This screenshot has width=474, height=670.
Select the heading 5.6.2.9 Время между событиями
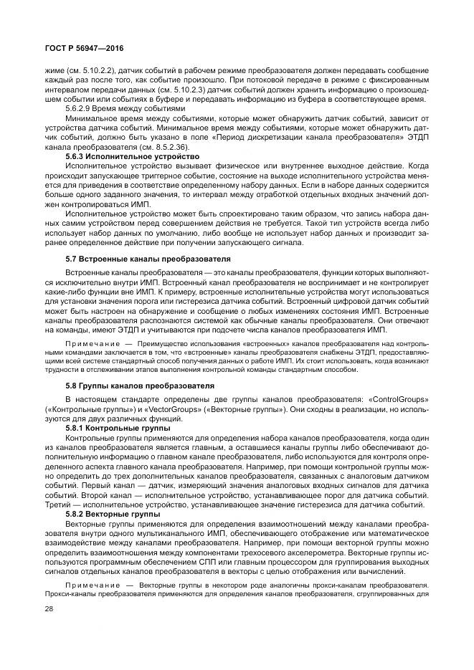click(118, 108)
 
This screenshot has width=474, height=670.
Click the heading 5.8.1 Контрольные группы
click(118, 428)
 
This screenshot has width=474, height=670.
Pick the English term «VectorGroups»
click(176, 408)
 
